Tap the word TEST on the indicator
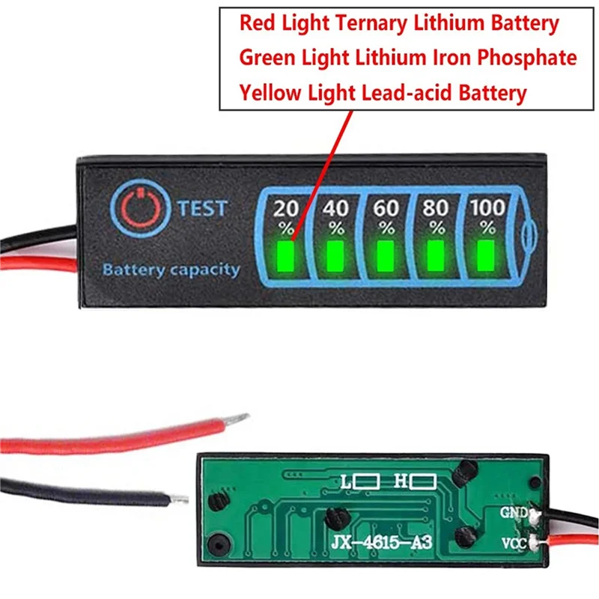[x=202, y=207]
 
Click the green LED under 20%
[x=285, y=255]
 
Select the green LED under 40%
[x=335, y=255]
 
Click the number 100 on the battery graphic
[x=487, y=207]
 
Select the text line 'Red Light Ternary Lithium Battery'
[x=399, y=23]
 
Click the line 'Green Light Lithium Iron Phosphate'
[x=408, y=58]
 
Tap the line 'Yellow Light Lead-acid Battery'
[x=383, y=93]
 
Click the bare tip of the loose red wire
[x=240, y=416]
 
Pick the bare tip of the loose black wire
[x=180, y=497]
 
